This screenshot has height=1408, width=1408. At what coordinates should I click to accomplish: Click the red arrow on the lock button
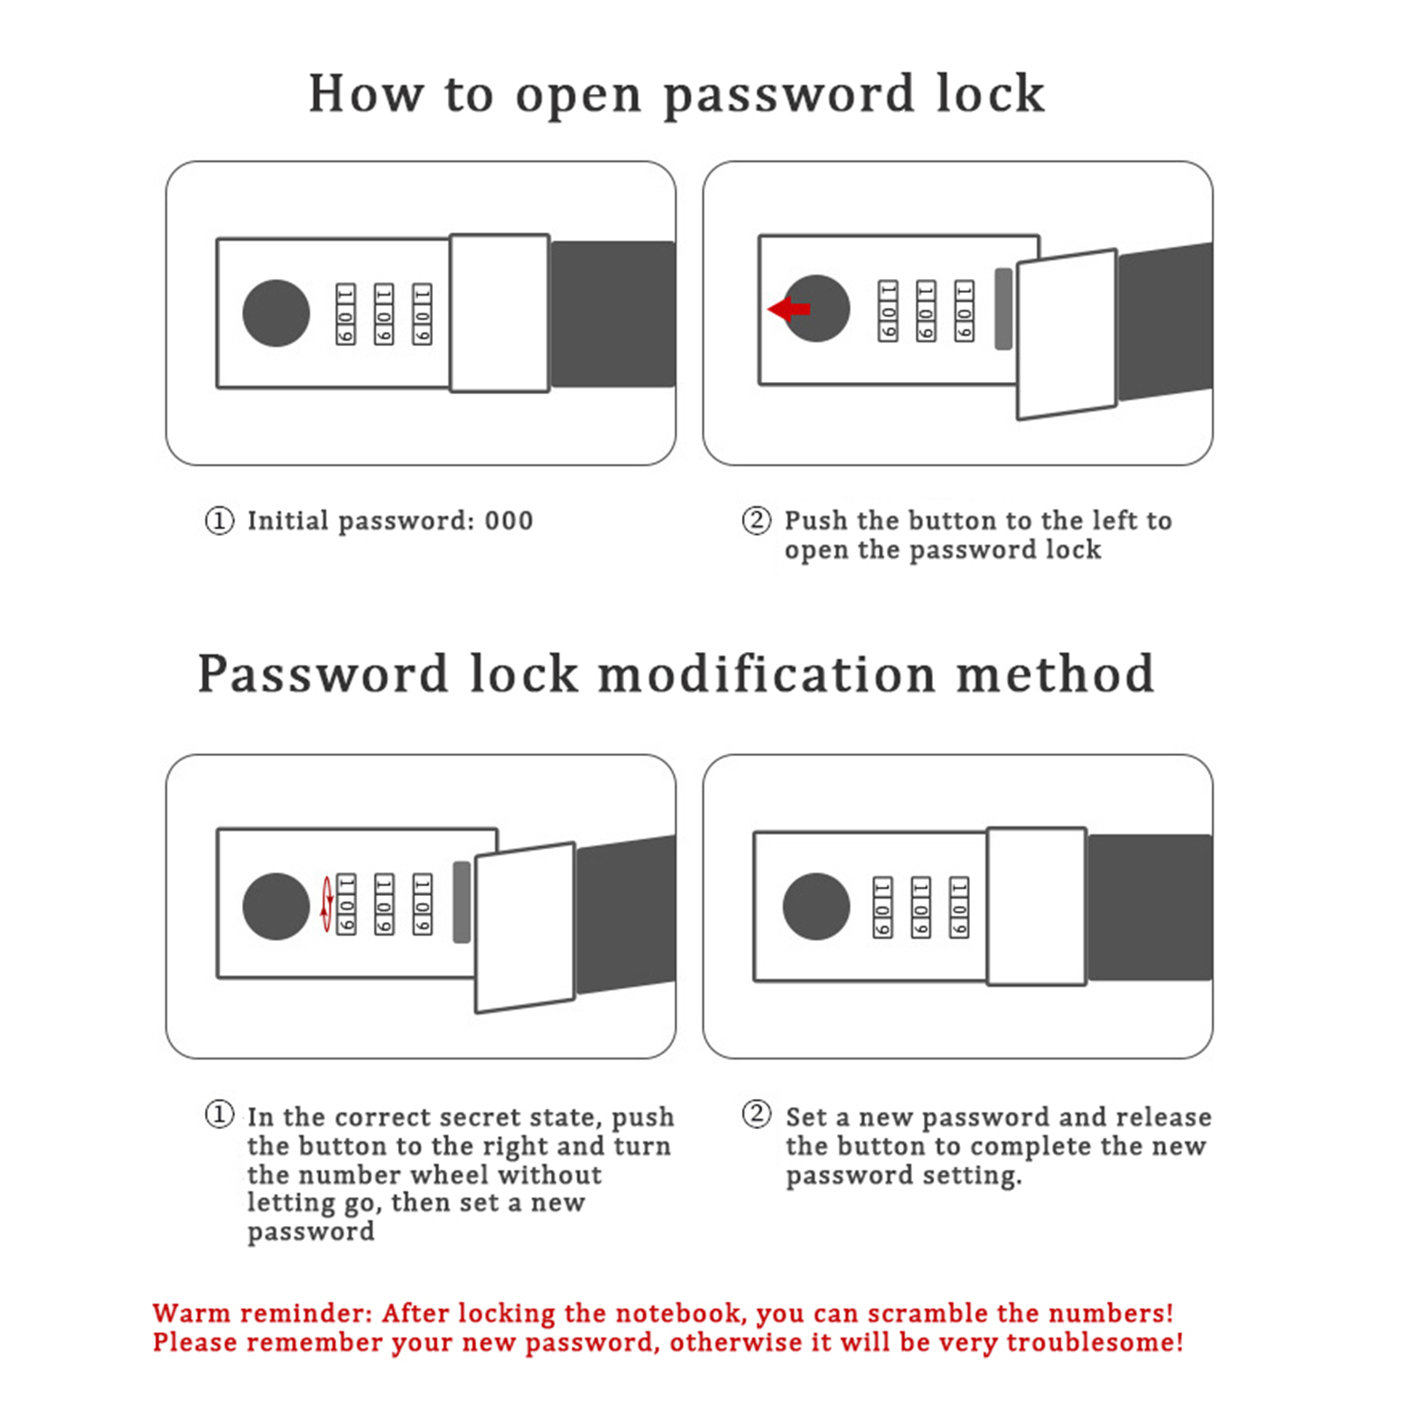click(789, 309)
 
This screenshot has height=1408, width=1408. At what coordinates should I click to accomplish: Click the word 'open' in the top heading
click(578, 95)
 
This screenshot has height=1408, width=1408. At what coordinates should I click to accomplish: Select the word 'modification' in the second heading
click(766, 675)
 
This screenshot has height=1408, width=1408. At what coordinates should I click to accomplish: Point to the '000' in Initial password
click(509, 521)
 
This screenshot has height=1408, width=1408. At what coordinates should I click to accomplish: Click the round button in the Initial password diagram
click(276, 313)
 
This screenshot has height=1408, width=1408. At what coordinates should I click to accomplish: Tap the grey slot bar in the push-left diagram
click(1003, 309)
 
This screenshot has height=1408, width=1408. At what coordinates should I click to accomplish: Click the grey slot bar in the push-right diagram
click(461, 902)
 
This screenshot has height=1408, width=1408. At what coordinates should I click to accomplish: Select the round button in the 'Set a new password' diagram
click(817, 906)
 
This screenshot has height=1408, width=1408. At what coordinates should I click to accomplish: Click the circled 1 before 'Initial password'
click(219, 520)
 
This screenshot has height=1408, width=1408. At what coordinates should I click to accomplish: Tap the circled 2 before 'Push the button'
click(756, 520)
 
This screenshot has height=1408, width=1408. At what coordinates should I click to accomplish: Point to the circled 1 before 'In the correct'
click(219, 1115)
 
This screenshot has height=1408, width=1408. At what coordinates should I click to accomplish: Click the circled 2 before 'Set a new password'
click(756, 1114)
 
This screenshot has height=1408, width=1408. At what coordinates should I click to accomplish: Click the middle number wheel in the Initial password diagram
click(384, 314)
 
